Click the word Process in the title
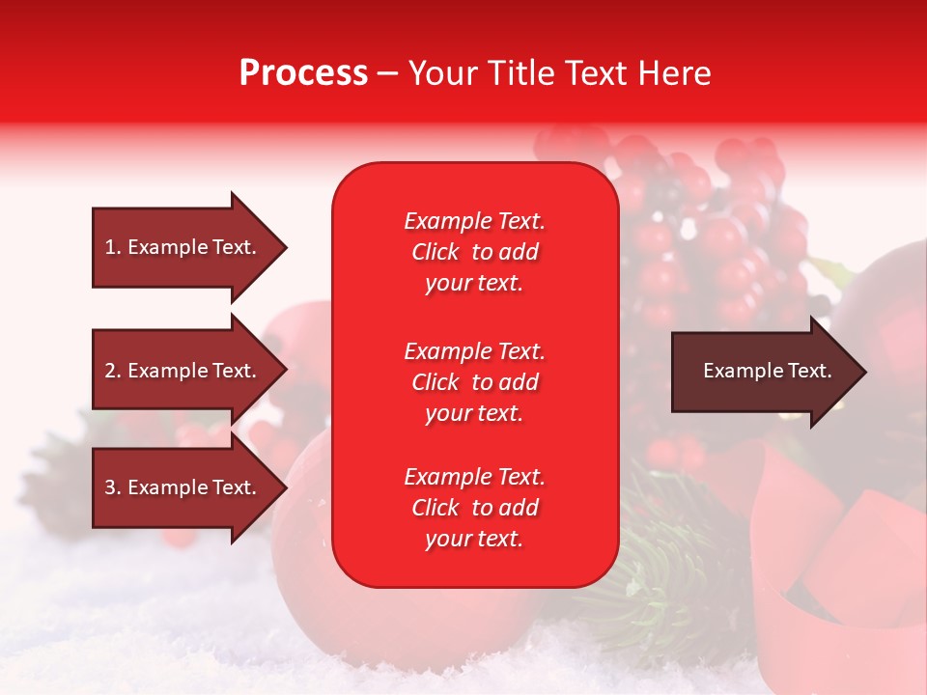[x=303, y=73]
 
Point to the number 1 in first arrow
[x=110, y=247]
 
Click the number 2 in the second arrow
[x=110, y=371]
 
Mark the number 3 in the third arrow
[x=110, y=487]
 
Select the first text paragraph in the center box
[x=474, y=252]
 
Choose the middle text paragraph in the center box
[x=474, y=382]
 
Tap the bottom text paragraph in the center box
[x=474, y=508]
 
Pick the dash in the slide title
[x=387, y=73]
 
